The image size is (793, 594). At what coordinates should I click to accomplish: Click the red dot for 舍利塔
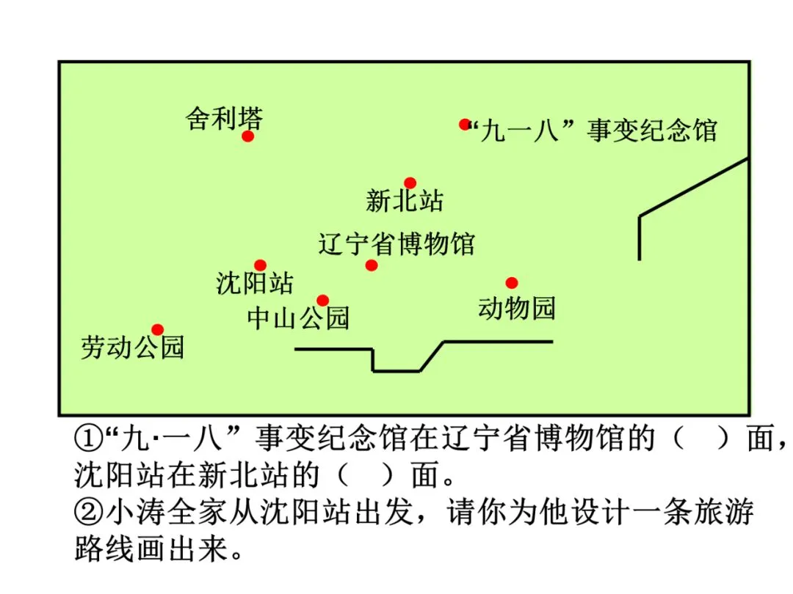point(248,136)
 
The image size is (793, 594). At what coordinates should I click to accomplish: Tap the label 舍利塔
point(224,118)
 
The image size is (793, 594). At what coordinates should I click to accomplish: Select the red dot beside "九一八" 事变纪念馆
point(465,125)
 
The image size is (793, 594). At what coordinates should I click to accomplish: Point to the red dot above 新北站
point(410,183)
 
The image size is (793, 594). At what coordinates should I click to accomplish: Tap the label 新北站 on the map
point(405,200)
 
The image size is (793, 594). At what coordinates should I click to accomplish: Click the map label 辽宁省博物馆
point(396,243)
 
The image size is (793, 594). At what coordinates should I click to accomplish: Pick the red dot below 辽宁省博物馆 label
point(372,265)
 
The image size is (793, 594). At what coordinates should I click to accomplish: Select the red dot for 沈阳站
point(260,265)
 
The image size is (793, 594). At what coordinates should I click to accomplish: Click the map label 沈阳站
point(255,283)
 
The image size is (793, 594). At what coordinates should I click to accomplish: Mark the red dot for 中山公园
point(322,300)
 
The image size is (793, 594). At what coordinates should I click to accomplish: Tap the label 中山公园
point(298,318)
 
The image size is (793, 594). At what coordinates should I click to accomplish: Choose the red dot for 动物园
point(512,283)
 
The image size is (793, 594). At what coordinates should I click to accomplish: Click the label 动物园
point(517,308)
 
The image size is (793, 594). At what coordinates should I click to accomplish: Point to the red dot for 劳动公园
point(157,330)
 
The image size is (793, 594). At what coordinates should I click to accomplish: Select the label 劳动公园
point(132,348)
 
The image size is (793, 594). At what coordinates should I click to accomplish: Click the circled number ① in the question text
point(88,440)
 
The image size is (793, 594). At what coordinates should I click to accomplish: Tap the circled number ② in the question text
point(88,512)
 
